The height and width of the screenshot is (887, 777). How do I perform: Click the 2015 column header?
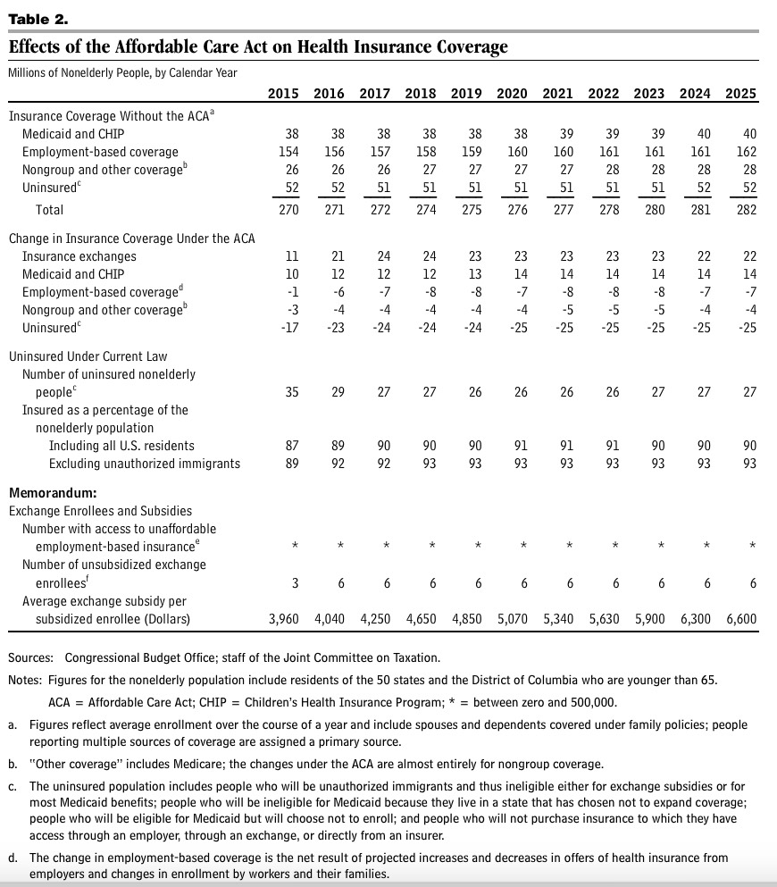pyautogui.click(x=284, y=94)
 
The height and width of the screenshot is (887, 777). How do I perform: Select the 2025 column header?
pyautogui.click(x=740, y=94)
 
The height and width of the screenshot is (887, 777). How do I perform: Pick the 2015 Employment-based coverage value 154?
pyautogui.click(x=288, y=152)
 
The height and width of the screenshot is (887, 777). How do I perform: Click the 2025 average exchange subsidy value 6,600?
pyautogui.click(x=740, y=619)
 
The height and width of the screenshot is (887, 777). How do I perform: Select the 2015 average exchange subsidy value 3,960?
pyautogui.click(x=288, y=619)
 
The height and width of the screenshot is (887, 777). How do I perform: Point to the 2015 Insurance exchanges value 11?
pyautogui.click(x=291, y=256)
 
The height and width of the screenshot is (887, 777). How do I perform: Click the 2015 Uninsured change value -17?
pyautogui.click(x=288, y=328)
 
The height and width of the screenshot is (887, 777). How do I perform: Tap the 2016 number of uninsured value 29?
pyautogui.click(x=337, y=392)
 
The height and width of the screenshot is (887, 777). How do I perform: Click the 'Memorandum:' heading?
pyautogui.click(x=53, y=493)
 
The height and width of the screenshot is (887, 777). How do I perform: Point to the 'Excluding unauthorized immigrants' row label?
pyautogui.click(x=145, y=464)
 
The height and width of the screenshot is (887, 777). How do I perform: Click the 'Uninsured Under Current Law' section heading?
pyautogui.click(x=88, y=356)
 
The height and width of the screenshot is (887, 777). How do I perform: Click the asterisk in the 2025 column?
pyautogui.click(x=752, y=546)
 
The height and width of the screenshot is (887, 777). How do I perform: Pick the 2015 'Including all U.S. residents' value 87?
pyautogui.click(x=291, y=446)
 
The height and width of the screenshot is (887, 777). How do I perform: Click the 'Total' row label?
pyautogui.click(x=50, y=210)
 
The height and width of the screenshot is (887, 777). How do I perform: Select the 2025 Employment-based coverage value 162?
pyautogui.click(x=746, y=152)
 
